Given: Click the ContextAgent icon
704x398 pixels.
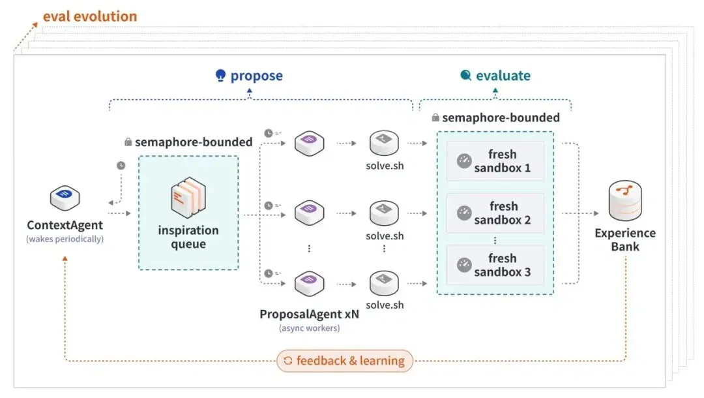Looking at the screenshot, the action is pyautogui.click(x=65, y=198).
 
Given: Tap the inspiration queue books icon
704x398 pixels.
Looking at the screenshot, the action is pyautogui.click(x=188, y=198).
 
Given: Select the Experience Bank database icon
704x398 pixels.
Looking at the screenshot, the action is pyautogui.click(x=625, y=200).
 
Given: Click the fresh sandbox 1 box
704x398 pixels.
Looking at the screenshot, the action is pyautogui.click(x=495, y=161).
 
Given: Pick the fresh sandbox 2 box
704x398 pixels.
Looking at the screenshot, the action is pyautogui.click(x=495, y=213).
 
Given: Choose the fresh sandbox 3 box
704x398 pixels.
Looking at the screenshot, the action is pyautogui.click(x=495, y=265).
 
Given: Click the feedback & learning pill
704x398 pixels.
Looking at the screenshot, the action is pyautogui.click(x=344, y=361).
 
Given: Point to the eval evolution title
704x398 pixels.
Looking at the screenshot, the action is pyautogui.click(x=90, y=16).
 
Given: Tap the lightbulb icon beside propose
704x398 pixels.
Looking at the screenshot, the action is pyautogui.click(x=220, y=76).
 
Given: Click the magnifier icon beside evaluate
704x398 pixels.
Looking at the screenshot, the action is pyautogui.click(x=466, y=75).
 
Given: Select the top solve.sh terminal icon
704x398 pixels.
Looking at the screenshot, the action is pyautogui.click(x=384, y=143).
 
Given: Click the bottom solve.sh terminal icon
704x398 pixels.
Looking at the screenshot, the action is pyautogui.click(x=384, y=283).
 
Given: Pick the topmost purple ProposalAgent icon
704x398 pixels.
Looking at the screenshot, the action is pyautogui.click(x=310, y=143).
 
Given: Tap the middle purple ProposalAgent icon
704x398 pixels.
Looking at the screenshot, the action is pyautogui.click(x=310, y=213).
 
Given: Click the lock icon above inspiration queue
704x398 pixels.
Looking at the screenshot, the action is pyautogui.click(x=128, y=142).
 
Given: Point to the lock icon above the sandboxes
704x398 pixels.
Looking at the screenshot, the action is pyautogui.click(x=435, y=117).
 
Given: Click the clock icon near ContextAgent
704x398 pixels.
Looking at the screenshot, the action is pyautogui.click(x=121, y=165).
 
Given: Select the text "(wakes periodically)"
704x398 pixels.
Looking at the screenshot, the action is pyautogui.click(x=65, y=239).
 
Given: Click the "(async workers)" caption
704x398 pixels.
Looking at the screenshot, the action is pyautogui.click(x=310, y=328).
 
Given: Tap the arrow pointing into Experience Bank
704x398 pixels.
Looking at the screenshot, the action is pyautogui.click(x=580, y=213).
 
